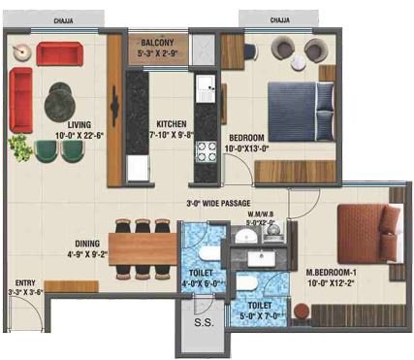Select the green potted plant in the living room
[x=18, y=147]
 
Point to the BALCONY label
[x=157, y=44]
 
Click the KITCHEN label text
[x=173, y=123]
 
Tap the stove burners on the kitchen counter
[x=207, y=150]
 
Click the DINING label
[x=85, y=245]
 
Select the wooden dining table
[x=143, y=242]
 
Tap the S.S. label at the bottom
[x=204, y=322]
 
